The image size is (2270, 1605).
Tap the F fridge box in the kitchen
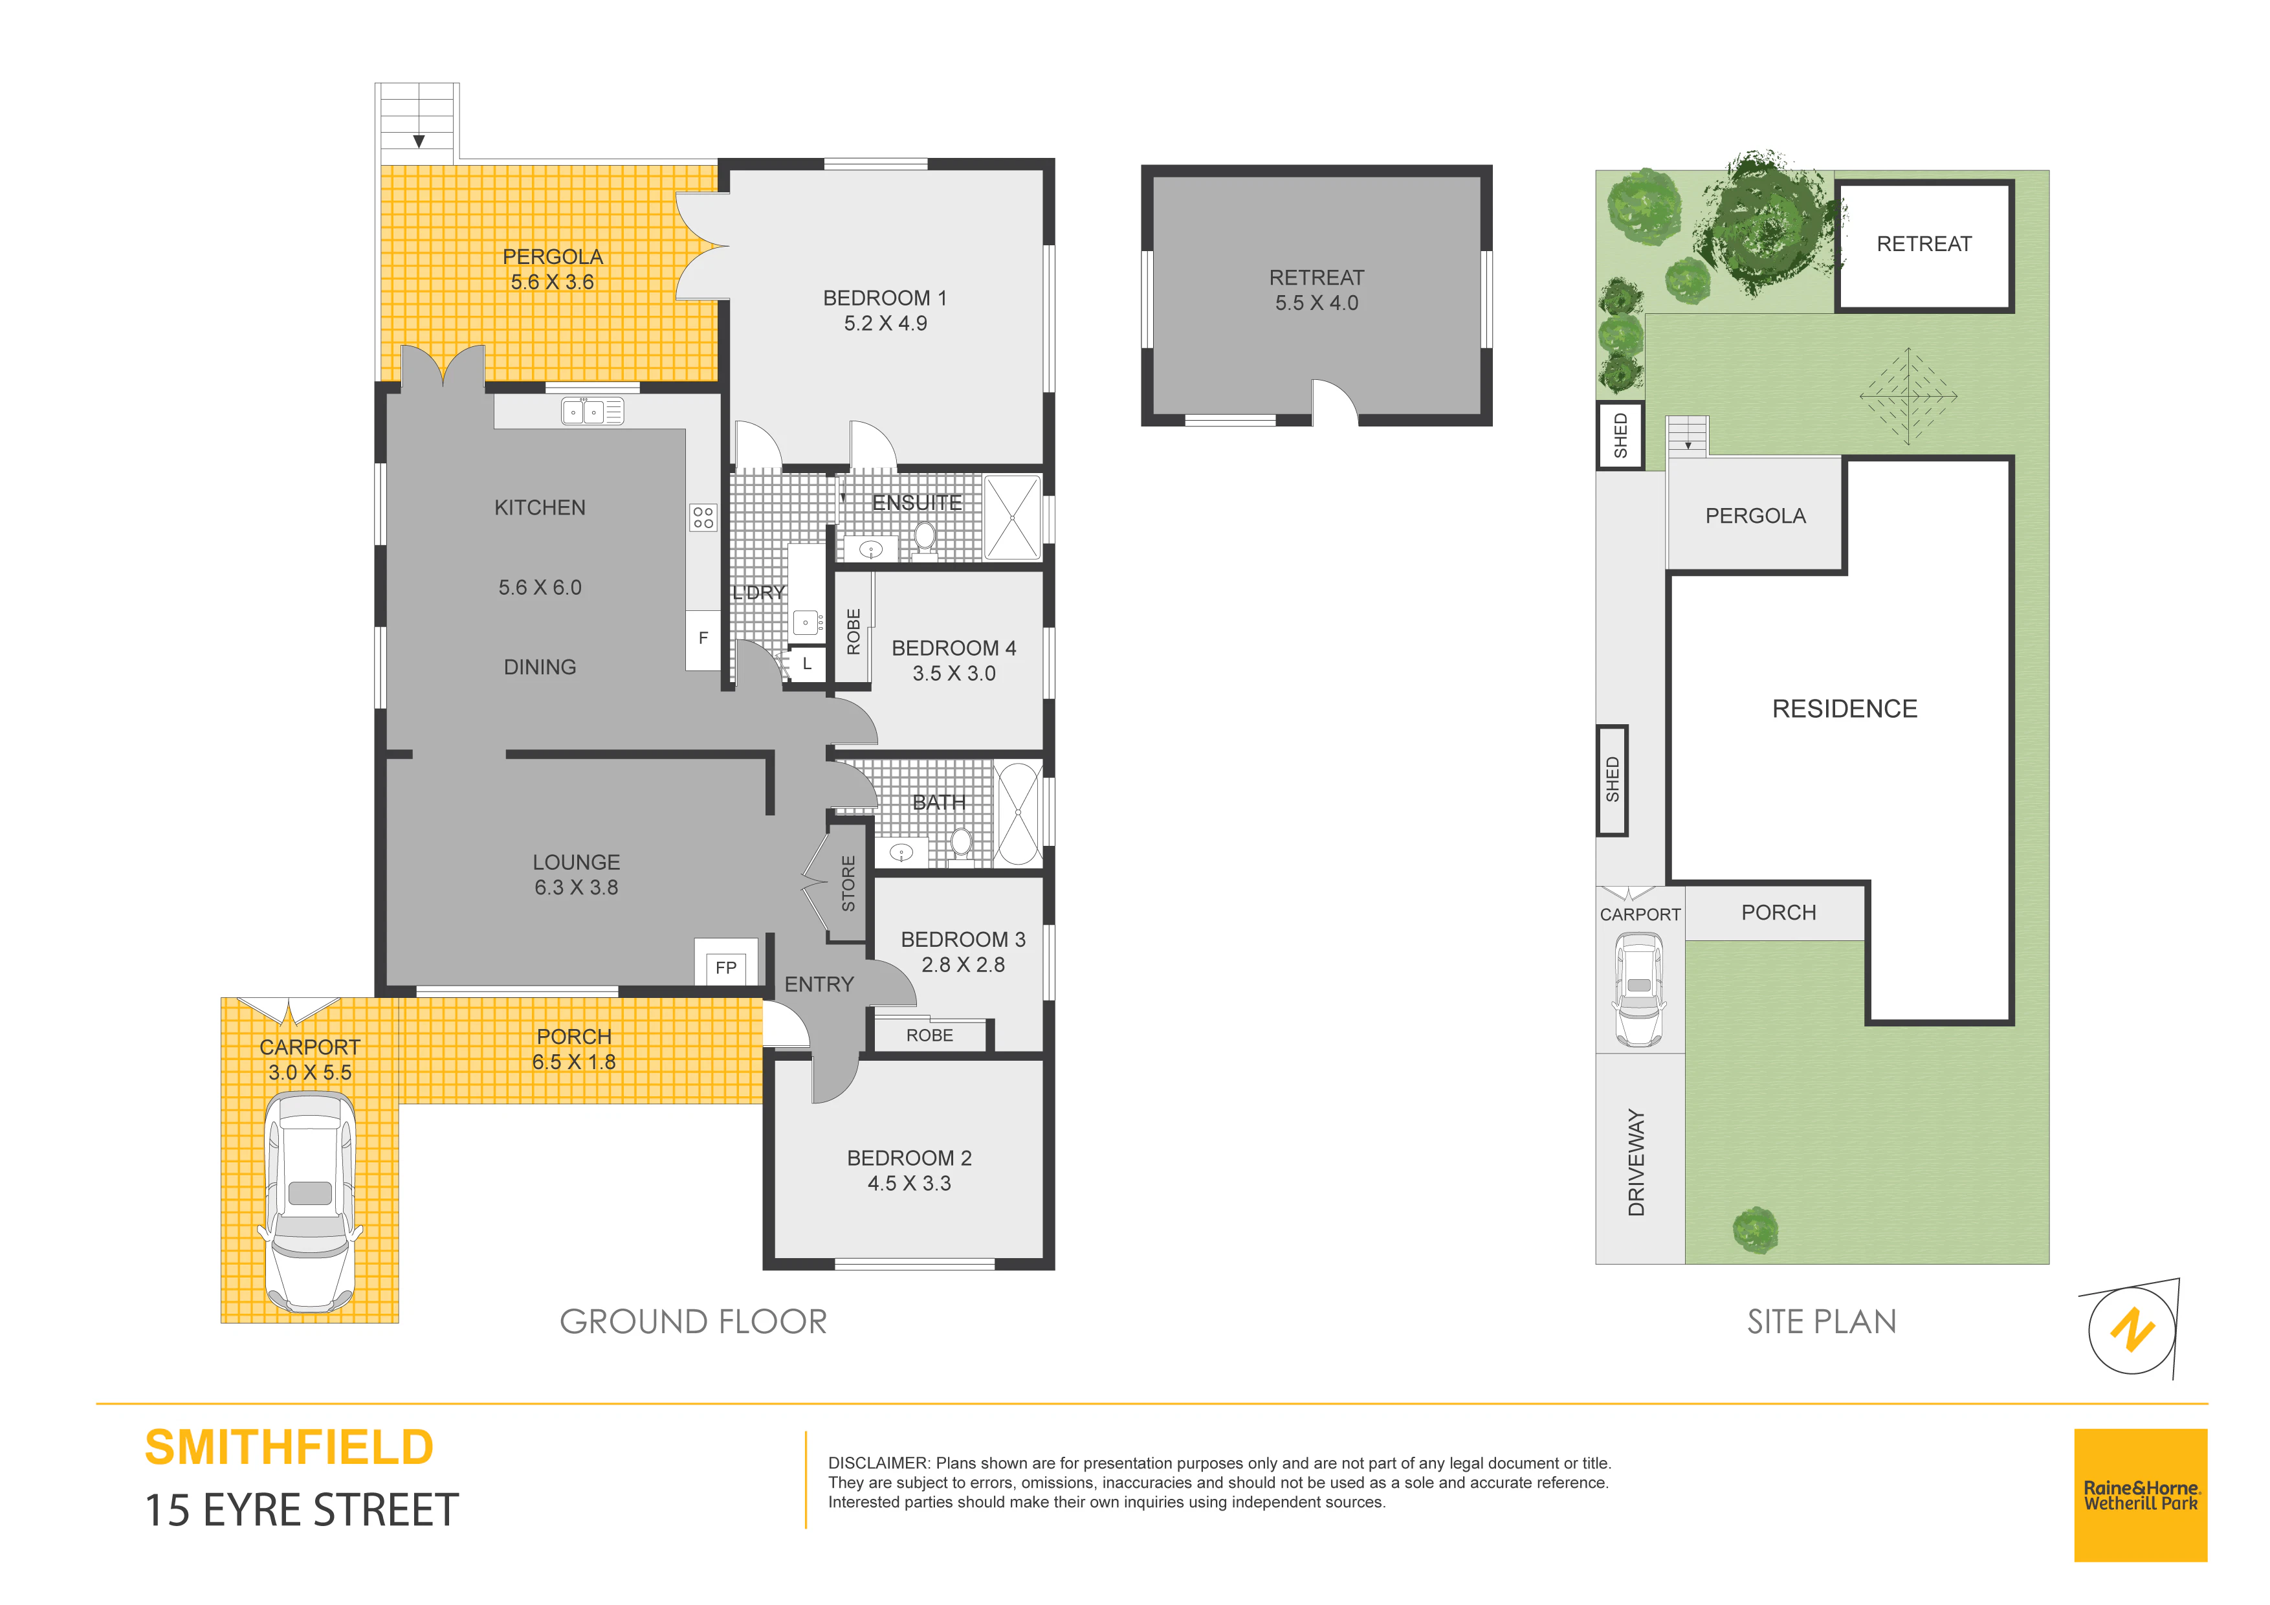703,639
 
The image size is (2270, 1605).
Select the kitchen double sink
592,410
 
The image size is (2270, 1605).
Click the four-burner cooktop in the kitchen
703,517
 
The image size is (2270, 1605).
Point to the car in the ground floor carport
309,1202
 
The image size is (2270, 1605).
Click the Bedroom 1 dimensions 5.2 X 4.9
885,324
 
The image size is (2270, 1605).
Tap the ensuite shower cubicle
1013,517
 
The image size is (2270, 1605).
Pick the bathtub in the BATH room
1019,814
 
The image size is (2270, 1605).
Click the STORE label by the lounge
848,883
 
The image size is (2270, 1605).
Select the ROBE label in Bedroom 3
929,1035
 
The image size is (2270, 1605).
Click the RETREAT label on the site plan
1924,244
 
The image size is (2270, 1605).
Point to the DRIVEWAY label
1636,1162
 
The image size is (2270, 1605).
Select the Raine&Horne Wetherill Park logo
2141,1495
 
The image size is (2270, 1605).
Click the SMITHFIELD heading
289,1448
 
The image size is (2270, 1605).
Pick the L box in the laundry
807,663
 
